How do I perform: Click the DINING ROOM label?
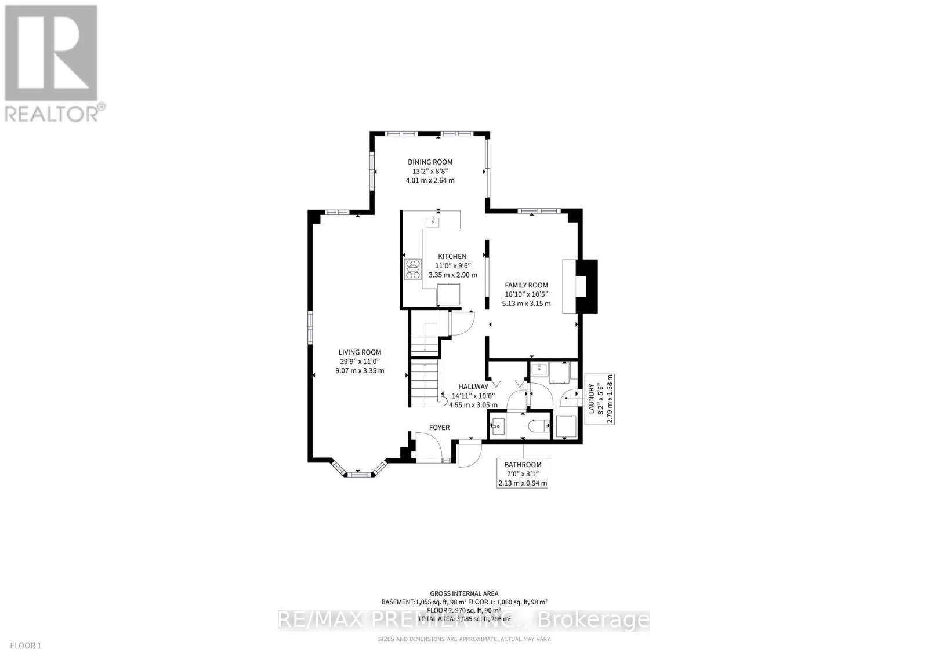pos(429,162)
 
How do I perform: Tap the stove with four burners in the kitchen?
pos(413,270)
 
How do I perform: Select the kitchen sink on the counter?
pos(433,221)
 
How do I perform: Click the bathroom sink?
pos(498,428)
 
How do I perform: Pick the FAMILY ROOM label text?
pos(526,285)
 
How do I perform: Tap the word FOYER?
pos(439,428)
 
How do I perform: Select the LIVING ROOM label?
pos(360,352)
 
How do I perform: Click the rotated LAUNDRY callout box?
pos(600,399)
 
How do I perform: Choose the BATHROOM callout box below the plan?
pos(523,473)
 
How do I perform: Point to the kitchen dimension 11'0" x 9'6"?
pos(452,265)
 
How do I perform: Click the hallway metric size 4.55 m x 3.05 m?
pos(473,406)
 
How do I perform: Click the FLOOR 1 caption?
pos(26,646)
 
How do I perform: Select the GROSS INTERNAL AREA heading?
pos(464,593)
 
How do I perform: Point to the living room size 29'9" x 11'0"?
pos(360,362)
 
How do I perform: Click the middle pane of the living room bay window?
pos(358,475)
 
